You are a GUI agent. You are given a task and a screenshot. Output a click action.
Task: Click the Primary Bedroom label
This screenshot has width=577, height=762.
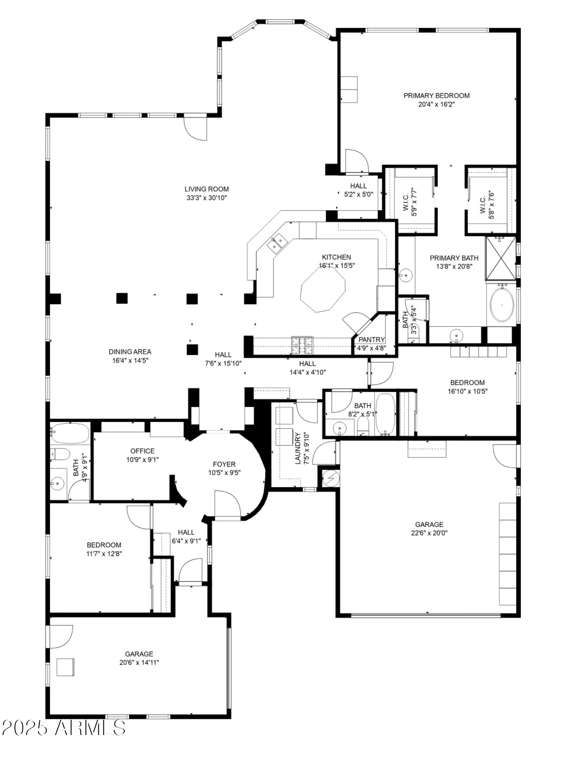tap(436, 95)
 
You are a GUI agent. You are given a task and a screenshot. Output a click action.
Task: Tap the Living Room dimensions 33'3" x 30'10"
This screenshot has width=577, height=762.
tap(207, 198)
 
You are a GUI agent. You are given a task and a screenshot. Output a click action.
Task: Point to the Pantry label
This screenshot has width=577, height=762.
tap(372, 340)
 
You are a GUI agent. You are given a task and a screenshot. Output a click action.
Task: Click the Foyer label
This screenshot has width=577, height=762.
tap(224, 464)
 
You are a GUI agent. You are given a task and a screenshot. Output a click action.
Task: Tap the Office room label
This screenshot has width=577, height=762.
tap(142, 451)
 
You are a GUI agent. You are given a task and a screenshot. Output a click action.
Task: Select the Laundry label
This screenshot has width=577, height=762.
tap(297, 448)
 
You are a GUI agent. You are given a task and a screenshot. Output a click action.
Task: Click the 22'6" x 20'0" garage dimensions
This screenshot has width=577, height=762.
tap(429, 533)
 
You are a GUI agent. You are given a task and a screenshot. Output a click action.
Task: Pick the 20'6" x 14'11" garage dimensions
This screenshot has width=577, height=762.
tap(139, 663)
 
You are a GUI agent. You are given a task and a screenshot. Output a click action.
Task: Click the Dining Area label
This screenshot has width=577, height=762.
tap(130, 352)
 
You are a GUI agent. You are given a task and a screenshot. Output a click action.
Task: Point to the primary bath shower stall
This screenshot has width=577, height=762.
tap(501, 258)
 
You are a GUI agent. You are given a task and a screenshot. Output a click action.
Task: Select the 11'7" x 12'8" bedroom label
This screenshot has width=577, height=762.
tap(104, 549)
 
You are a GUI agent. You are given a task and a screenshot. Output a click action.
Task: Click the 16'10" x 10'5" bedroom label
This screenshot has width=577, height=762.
tap(467, 387)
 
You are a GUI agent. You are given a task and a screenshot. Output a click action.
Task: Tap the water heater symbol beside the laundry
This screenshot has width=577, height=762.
tap(331, 478)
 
